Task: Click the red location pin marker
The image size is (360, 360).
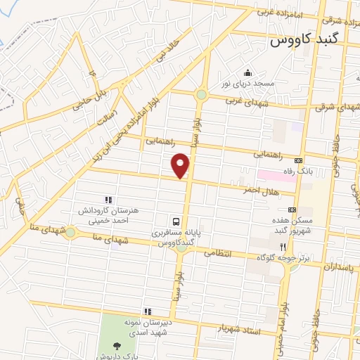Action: click(181, 166)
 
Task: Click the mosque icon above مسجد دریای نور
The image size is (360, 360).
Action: click(247, 72)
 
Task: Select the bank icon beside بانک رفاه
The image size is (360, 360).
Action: click(298, 160)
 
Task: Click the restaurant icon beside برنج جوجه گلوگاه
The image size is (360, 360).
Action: click(283, 247)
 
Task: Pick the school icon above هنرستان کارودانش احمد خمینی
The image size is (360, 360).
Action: click(108, 200)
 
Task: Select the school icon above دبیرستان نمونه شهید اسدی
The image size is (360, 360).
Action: click(148, 311)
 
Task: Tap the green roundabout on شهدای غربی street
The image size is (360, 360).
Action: click(201, 94)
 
